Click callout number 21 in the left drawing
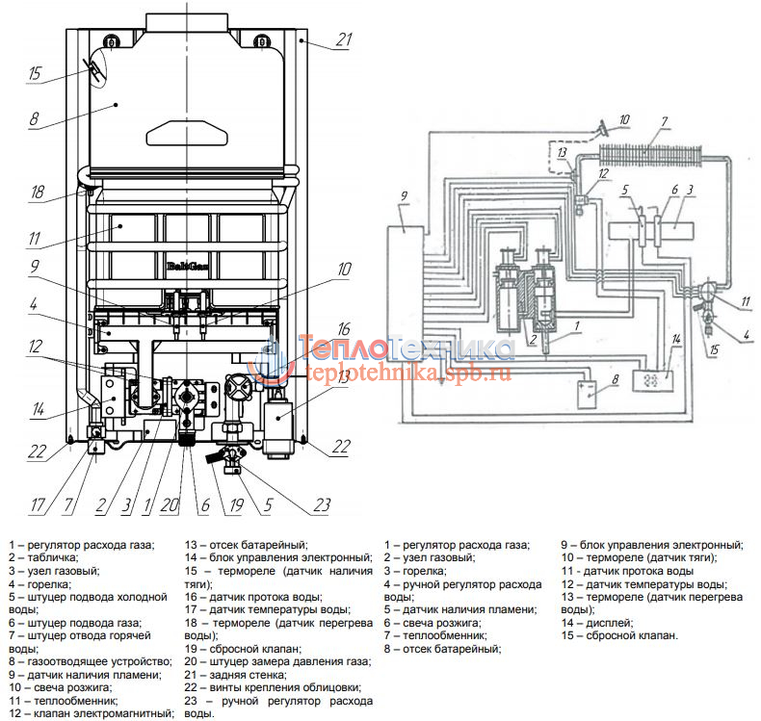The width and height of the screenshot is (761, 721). pos(344,39)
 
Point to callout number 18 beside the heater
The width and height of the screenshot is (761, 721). pos(38,192)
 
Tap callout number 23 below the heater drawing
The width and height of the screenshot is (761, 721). pos(322,504)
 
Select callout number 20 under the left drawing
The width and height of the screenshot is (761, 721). pos(170,505)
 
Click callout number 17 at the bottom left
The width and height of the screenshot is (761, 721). pos(38,505)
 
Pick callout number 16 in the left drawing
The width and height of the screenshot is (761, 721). pos(344,329)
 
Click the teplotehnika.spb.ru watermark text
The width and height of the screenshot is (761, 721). pos(408,373)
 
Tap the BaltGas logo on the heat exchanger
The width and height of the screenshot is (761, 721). pos(188,266)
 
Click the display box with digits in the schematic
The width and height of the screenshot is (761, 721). pos(653,380)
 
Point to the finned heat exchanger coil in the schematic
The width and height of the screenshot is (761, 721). pos(651,156)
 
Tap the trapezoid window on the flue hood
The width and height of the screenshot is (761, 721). pos(187,133)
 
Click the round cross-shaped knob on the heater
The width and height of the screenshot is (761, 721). pos(238,386)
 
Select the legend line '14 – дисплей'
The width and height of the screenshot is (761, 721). pos(597,623)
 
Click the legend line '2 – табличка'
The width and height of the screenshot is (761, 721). pos(43,557)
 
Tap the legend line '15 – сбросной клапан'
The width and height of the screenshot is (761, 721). pos(619,635)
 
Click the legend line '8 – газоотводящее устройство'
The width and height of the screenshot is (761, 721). pos(91,661)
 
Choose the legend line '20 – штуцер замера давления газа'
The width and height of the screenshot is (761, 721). pos(277,661)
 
